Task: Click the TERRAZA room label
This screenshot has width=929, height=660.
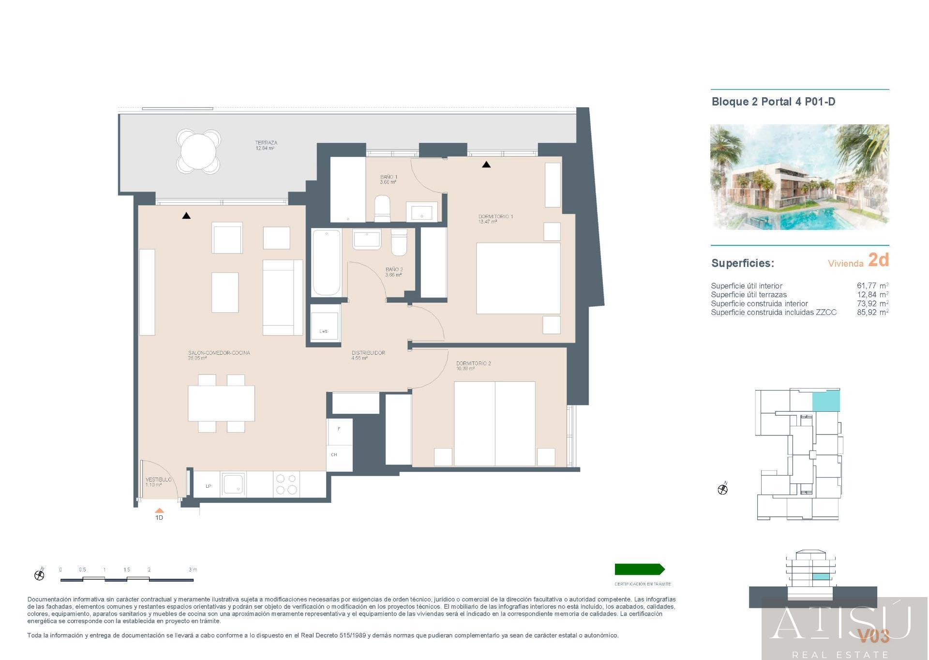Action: [x=266, y=143]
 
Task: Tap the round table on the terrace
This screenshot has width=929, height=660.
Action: [x=198, y=151]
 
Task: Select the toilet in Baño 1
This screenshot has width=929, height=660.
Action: [x=382, y=209]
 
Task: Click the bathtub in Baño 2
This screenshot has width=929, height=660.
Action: [x=326, y=263]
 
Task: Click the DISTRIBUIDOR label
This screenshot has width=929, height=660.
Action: [x=368, y=353]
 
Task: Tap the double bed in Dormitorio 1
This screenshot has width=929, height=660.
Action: [x=518, y=278]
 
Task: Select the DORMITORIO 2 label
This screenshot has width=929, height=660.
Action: [x=473, y=363]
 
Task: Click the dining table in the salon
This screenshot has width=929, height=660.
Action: [x=221, y=403]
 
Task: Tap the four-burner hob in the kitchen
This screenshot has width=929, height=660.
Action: [x=286, y=484]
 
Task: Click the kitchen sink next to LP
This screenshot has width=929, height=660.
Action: [x=234, y=484]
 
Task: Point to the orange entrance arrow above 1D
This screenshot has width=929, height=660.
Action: [x=159, y=510]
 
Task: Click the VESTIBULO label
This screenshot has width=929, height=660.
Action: [x=158, y=480]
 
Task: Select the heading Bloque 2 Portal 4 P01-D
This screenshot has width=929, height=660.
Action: [x=773, y=102]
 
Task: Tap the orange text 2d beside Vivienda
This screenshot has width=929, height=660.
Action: [x=878, y=260]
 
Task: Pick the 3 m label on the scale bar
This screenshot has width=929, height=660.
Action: [x=193, y=570]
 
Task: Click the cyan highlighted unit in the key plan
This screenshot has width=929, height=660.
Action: [x=825, y=401]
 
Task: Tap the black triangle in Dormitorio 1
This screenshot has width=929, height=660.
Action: [x=486, y=165]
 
